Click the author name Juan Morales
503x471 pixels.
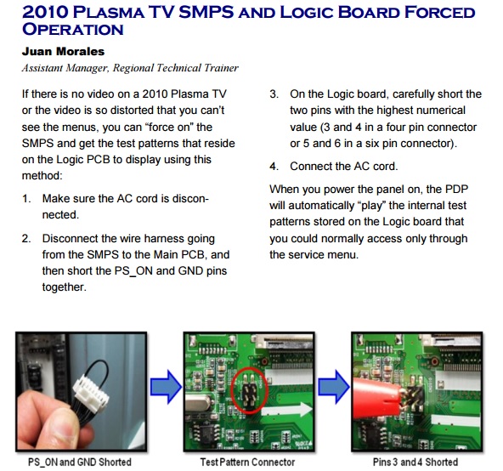[x=63, y=51]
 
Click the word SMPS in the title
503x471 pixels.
[x=206, y=12]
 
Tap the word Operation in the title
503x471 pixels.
[x=73, y=29]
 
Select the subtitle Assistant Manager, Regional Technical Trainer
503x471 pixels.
[x=130, y=68]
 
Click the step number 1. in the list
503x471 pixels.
[x=26, y=198]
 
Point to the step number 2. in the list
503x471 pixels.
[x=26, y=239]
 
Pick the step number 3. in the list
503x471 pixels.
[x=274, y=94]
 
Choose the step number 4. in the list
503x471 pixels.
[x=274, y=167]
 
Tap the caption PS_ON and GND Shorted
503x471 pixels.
[x=80, y=462]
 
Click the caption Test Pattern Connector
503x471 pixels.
[x=247, y=462]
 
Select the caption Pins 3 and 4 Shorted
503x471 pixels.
[x=415, y=462]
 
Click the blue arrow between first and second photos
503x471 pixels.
[x=166, y=387]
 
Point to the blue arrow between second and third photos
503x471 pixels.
[x=333, y=387]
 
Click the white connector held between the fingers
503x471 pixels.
[x=91, y=394]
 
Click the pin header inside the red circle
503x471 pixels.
[x=249, y=392]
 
